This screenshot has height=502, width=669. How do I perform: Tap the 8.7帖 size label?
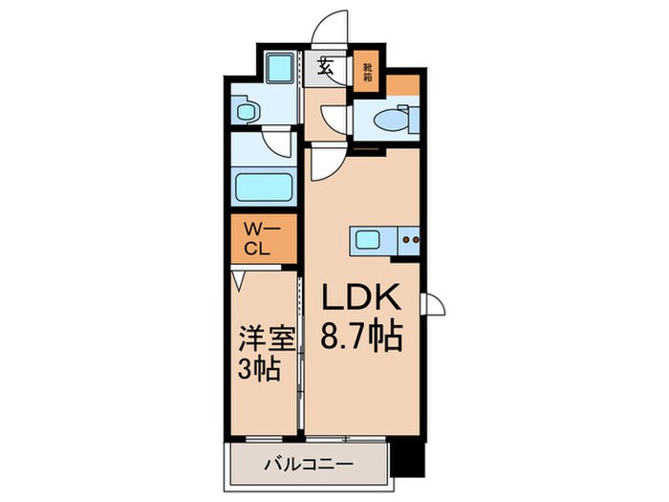359,337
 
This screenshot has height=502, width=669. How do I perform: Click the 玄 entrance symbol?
326,69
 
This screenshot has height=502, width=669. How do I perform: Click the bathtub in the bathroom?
264,186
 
